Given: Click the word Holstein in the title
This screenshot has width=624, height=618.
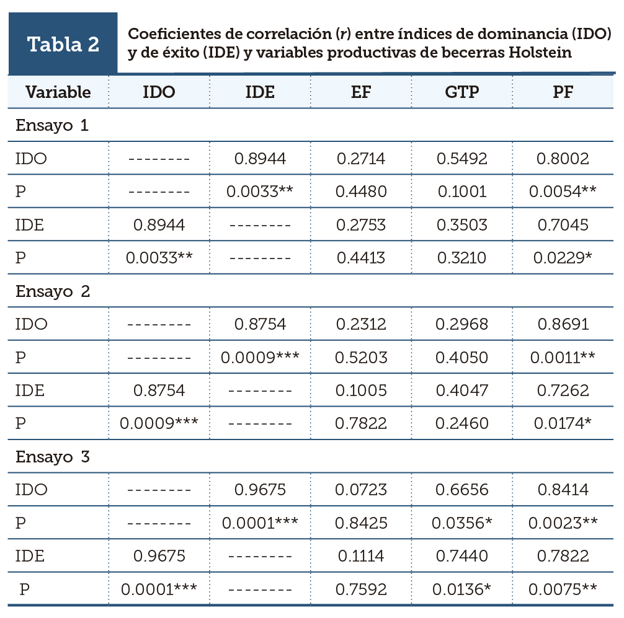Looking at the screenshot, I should tap(539, 53).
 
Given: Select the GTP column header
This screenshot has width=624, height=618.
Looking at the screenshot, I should tap(462, 92).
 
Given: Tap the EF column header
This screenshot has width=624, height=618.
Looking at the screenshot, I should tap(361, 92).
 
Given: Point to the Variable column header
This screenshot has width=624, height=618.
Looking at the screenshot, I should tap(58, 92).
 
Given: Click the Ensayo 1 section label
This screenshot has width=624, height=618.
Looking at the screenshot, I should tap(52, 125).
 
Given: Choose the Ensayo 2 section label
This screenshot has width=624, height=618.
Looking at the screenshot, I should tap(53, 291).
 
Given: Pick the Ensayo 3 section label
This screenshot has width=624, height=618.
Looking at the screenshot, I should tap(53, 457).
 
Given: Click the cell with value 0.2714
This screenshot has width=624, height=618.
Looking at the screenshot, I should tap(361, 159).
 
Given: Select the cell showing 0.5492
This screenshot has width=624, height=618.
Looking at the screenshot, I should tap(462, 159).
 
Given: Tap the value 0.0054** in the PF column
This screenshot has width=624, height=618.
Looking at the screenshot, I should tap(563, 192).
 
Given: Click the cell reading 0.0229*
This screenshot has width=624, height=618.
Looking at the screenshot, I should tap(563, 258).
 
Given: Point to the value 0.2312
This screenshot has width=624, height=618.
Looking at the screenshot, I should tap(361, 324).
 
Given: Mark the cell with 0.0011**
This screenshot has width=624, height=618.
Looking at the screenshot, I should tap(563, 357).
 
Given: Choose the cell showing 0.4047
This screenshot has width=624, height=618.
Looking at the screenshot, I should tap(462, 391).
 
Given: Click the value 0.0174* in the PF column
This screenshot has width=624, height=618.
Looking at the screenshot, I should tap(563, 423).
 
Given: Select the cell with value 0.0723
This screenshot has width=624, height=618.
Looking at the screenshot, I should tap(361, 490).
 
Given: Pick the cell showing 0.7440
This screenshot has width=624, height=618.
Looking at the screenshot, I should tap(462, 556).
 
